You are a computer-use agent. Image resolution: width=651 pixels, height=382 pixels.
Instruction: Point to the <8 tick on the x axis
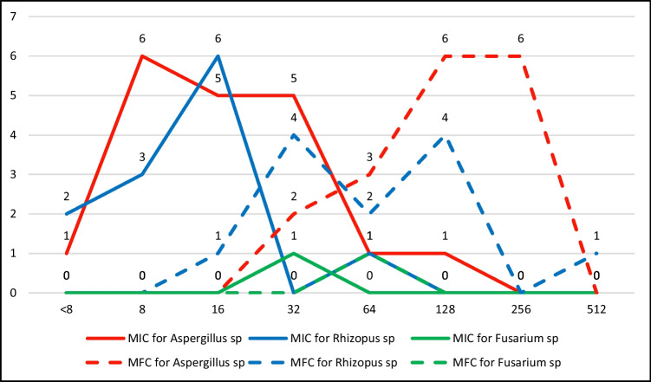tap(65, 308)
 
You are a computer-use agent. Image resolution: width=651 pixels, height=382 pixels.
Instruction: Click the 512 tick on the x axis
tap(596, 308)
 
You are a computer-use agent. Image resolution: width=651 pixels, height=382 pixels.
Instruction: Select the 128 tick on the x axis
tap(445, 308)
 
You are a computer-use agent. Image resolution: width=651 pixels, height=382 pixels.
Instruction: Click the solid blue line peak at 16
tap(218, 56)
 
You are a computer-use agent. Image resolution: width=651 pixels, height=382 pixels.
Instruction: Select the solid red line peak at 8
tap(141, 56)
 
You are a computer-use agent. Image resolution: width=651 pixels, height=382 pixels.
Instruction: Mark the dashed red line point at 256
tap(520, 56)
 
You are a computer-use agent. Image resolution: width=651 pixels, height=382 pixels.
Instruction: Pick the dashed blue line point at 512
tap(596, 254)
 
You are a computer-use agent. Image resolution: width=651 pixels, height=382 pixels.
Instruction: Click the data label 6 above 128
tap(445, 39)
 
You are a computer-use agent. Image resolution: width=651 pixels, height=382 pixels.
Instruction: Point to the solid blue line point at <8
tap(65, 214)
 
